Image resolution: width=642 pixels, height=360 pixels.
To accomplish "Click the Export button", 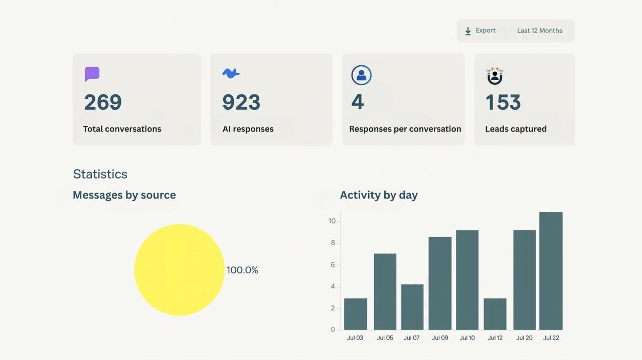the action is pos(480,31).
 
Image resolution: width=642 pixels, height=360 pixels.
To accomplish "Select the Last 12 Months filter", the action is pos(540,31).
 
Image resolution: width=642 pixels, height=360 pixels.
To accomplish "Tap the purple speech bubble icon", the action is pos(92,74).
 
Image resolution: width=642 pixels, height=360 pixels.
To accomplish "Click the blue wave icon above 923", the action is pos(231,73).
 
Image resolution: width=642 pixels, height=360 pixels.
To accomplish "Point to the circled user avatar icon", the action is pos(362,75).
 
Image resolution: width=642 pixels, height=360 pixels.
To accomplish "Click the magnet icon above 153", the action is pos(495,76).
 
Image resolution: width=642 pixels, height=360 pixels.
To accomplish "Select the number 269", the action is pos(103,102).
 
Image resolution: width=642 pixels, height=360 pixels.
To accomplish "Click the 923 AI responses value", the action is pos(241,102).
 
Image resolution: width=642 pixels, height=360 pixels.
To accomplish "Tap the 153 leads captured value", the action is pos(503,102).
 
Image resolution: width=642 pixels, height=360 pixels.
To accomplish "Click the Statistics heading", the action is pos(100,174).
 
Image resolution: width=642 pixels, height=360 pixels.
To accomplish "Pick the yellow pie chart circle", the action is pos(180,270).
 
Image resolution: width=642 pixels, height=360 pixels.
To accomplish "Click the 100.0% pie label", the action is pos(242,270).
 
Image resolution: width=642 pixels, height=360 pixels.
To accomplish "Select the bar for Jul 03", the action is pos(356,314).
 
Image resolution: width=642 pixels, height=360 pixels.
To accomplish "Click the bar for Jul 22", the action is pos(551,271).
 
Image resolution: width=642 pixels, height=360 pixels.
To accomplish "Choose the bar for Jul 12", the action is pos(495,314).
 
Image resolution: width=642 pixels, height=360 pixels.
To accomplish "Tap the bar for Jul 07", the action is pos(412,307).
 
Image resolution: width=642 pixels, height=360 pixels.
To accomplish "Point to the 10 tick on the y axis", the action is pos(332,221).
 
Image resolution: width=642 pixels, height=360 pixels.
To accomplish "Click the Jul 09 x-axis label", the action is pos(440,338).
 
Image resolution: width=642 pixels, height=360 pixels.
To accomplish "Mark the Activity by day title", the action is pos(379,195).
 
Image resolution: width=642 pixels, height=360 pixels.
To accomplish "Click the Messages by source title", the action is pos(124,195).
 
